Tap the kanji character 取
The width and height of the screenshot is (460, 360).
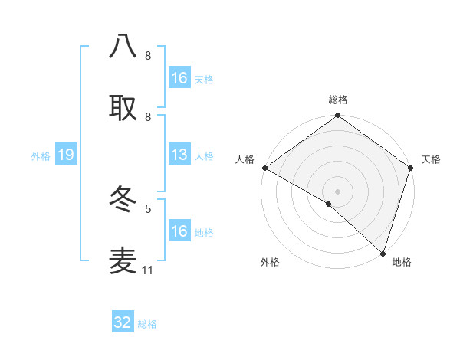pyautogui.click(x=123, y=108)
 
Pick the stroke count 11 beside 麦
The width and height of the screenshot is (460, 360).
pyautogui.click(x=148, y=270)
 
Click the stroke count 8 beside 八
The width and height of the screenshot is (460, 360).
pyautogui.click(x=148, y=55)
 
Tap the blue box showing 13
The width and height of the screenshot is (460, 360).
pyautogui.click(x=179, y=155)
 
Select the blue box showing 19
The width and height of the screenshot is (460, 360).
pyautogui.click(x=66, y=155)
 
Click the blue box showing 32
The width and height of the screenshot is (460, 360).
pyautogui.click(x=123, y=322)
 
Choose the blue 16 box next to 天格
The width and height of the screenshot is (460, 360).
pyautogui.click(x=179, y=78)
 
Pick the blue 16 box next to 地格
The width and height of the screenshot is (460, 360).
pyautogui.click(x=179, y=231)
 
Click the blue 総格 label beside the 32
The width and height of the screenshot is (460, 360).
pyautogui.click(x=147, y=324)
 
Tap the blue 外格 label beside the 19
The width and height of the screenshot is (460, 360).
pyautogui.click(x=41, y=156)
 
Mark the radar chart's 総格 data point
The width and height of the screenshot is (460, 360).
pyautogui.click(x=337, y=116)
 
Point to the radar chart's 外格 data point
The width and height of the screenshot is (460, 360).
pyautogui.click(x=329, y=204)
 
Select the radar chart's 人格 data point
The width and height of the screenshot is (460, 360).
pyautogui.click(x=264, y=168)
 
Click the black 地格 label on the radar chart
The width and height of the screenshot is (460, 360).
pyautogui.click(x=402, y=262)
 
